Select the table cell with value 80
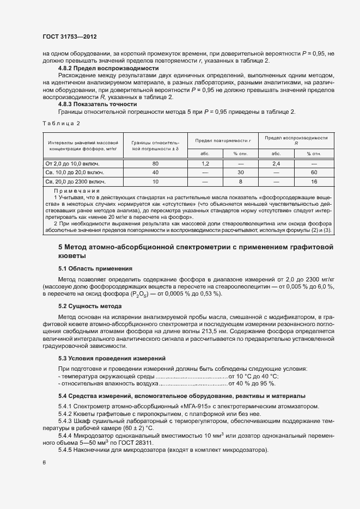coord(155,163)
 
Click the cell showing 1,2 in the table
coord(205,163)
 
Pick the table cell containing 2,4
coord(276,163)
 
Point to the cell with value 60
coord(314,173)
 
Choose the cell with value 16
coord(314,182)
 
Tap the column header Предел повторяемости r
coord(222,140)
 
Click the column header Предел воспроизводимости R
coord(296,140)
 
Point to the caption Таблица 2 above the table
coord(61,124)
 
